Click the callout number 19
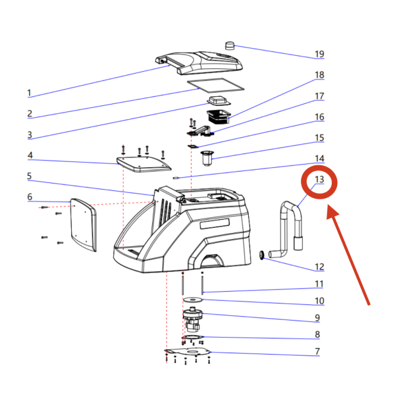pos(319,54)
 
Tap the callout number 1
pos(29,93)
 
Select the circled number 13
pos(319,179)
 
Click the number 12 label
pos(319,267)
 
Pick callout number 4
pos(29,156)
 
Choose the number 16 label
pos(319,117)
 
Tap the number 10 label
pos(319,301)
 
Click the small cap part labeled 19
pos(230,45)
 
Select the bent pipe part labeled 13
pos(290,227)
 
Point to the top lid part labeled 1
pos(201,62)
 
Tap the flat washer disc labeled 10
pos(192,301)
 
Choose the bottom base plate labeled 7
pos(189,354)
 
